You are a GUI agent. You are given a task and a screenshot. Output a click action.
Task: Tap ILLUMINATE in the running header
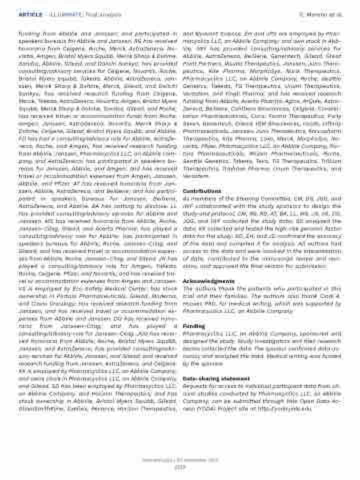pyautogui.click(x=62, y=15)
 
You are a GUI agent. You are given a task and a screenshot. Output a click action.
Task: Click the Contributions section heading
pyautogui.click(x=200, y=191)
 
